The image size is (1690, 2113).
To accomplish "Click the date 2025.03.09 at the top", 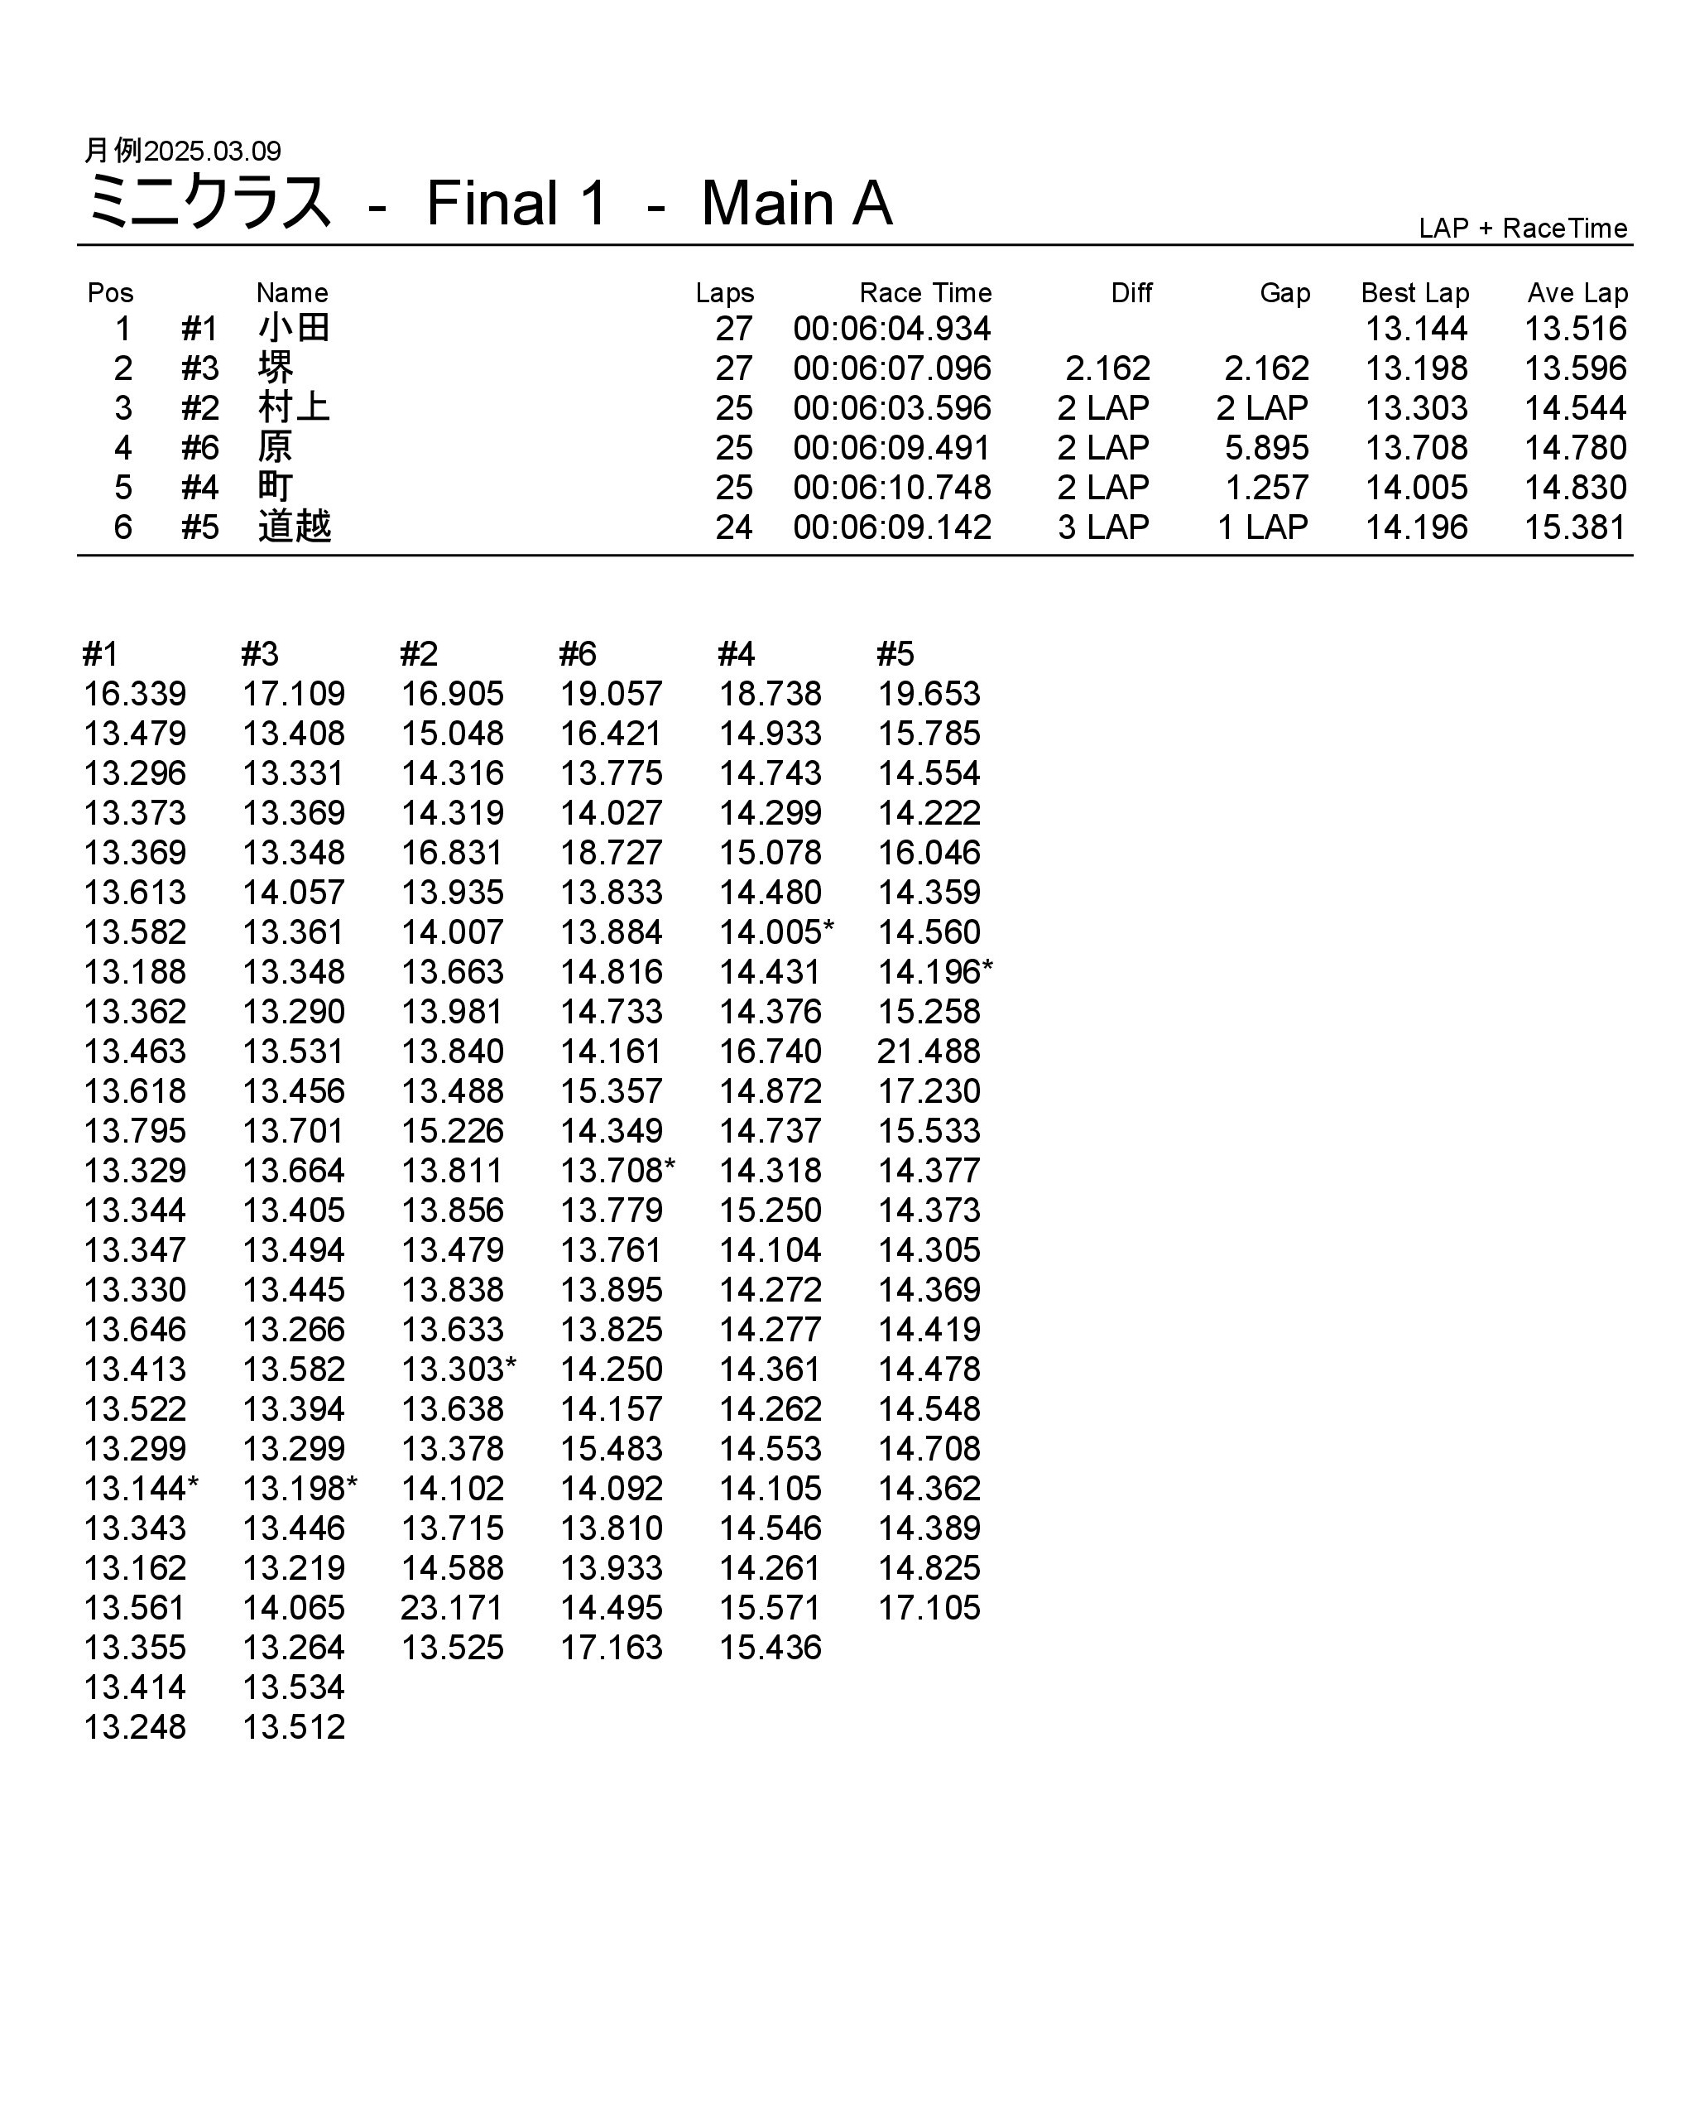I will pyautogui.click(x=212, y=151).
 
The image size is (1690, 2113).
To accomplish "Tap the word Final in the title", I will pyautogui.click(x=492, y=204).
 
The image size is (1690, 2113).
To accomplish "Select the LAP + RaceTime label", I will pyautogui.click(x=1523, y=229).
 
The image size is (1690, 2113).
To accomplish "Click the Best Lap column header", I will pyautogui.click(x=1414, y=293).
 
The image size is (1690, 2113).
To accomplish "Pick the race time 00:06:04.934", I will pyautogui.click(x=891, y=330).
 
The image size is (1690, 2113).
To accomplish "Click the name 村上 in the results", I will pyautogui.click(x=294, y=407).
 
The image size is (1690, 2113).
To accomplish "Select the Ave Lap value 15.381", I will pyautogui.click(x=1574, y=527).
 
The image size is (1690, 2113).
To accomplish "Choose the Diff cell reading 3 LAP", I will pyautogui.click(x=1102, y=527).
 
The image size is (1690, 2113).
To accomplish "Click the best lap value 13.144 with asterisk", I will pyautogui.click(x=140, y=1489).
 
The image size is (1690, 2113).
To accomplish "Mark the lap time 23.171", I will pyautogui.click(x=452, y=1608).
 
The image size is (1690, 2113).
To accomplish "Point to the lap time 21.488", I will pyautogui.click(x=928, y=1052).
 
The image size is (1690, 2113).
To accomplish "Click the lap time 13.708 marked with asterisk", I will pyautogui.click(x=617, y=1170).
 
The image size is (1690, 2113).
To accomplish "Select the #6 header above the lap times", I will pyautogui.click(x=577, y=654).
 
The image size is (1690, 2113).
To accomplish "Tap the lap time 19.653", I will pyautogui.click(x=928, y=694).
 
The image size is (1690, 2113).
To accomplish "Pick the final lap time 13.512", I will pyautogui.click(x=294, y=1728).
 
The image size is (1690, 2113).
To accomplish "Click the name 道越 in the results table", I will pyautogui.click(x=294, y=527).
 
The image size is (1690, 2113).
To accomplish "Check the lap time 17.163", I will pyautogui.click(x=612, y=1649).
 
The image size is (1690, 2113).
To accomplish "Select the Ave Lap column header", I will pyautogui.click(x=1577, y=293).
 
